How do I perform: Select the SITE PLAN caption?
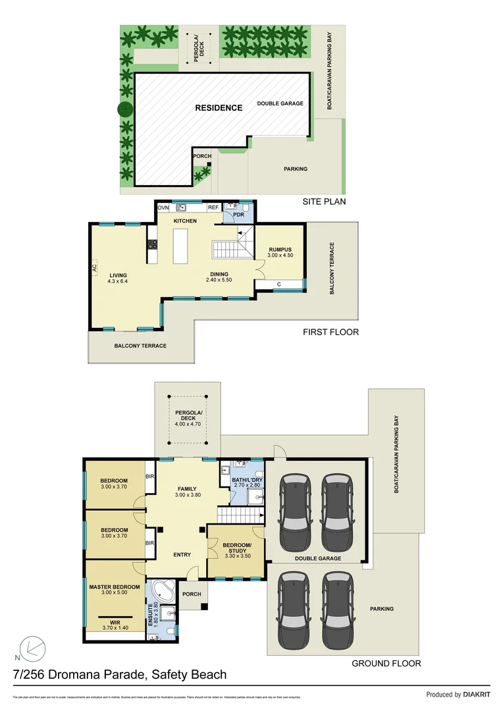pos(323,201)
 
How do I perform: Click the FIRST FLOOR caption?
pos(331,332)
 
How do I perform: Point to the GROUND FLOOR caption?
pos(386,664)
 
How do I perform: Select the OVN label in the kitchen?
pos(163,207)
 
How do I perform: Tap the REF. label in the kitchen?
pos(213,207)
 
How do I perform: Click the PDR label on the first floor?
pos(238,215)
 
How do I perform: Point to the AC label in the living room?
pos(95,269)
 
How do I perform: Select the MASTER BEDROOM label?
pos(115,587)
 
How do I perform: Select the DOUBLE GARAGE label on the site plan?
pos(280,103)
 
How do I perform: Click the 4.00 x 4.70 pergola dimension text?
pos(187,424)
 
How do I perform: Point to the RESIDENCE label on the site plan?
pos(219,107)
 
